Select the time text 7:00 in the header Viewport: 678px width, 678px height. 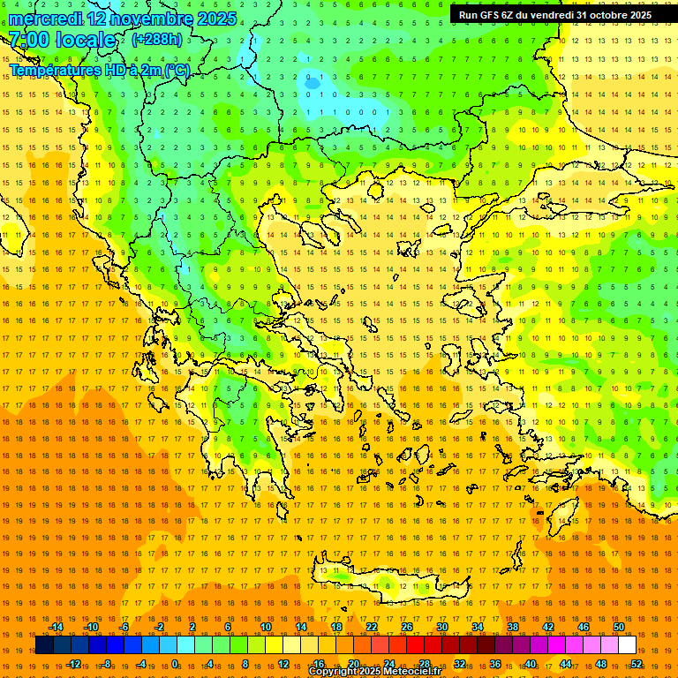(28, 40)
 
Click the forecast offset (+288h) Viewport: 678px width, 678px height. (157, 39)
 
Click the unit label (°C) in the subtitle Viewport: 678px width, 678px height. (176, 69)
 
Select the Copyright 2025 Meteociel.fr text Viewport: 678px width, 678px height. (374, 672)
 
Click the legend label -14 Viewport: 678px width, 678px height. (56, 627)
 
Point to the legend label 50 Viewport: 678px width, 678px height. (619, 627)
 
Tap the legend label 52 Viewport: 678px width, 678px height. (637, 663)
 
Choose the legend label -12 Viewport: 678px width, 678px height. (73, 663)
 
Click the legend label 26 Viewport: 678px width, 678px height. (407, 627)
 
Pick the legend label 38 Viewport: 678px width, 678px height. (513, 627)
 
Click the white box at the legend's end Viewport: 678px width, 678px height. (628, 645)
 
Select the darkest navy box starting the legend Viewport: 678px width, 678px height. (44, 645)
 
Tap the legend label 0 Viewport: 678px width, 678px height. (175, 663)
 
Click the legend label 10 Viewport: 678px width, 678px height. (266, 627)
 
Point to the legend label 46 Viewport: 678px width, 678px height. (584, 627)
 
